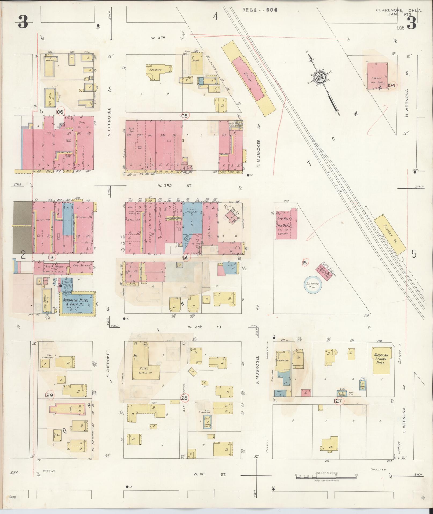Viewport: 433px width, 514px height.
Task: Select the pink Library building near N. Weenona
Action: point(377,77)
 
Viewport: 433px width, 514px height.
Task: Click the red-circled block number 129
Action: point(50,395)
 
